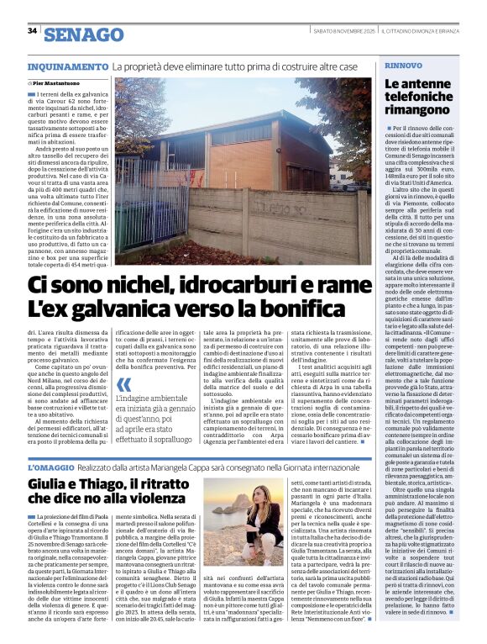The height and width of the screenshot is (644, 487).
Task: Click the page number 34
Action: coord(33,31)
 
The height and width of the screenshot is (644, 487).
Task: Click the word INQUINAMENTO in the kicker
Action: coord(68,66)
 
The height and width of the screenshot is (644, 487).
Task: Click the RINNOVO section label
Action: coord(402,65)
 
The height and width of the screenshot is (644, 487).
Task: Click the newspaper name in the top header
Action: coord(429,32)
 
